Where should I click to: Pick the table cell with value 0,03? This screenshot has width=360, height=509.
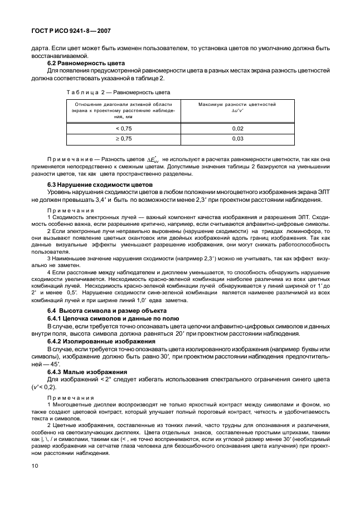pyautogui.click(x=237, y=138)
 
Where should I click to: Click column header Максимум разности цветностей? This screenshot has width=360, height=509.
pyautogui.click(x=237, y=104)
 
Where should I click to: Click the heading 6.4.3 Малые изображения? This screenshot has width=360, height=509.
pyautogui.click(x=87, y=371)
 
